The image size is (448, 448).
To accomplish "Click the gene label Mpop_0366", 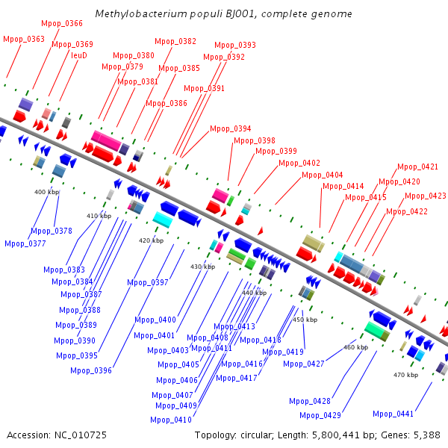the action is coord(62,23).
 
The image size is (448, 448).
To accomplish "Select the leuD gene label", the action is coord(79,55).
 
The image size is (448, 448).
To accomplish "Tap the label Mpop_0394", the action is coord(230,128).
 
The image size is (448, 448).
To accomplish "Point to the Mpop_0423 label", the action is coord(426,196).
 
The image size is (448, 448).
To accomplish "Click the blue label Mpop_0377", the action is coord(25,243).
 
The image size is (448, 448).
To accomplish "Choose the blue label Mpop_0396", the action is coord(91,370).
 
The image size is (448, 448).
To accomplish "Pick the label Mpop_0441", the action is coord(393,414).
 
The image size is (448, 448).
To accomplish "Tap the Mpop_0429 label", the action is coord(320,415).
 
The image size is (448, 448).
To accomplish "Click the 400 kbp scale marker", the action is coord(46,192).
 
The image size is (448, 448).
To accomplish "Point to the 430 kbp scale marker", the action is coord(202,267).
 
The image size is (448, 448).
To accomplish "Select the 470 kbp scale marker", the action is coord(405,375).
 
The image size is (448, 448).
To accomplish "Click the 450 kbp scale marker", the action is coord(305,320).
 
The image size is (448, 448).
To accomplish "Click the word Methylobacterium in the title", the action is coord(141,13).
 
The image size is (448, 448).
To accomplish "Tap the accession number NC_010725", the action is coord(81,435).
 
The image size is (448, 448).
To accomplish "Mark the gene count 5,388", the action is coord(427,435).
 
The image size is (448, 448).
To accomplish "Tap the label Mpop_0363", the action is coord(24,39).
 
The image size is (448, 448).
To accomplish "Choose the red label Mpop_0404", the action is coord(323,175).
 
